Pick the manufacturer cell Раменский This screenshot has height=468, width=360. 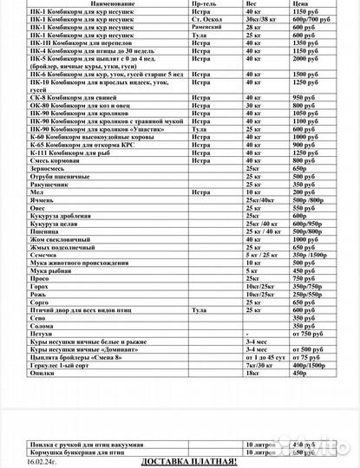tap(207, 28)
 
